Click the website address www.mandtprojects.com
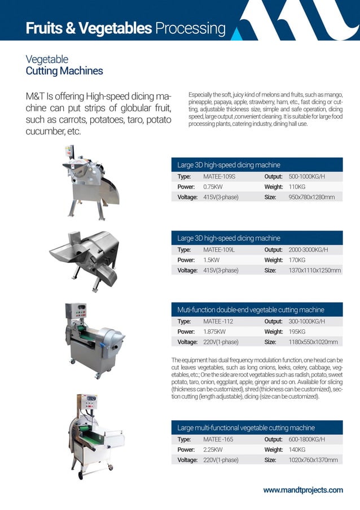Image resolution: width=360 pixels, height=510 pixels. (302, 490)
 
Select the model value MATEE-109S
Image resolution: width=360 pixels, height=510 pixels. (219, 177)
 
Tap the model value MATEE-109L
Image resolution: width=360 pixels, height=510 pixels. (219, 250)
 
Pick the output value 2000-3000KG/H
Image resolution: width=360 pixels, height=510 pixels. (308, 250)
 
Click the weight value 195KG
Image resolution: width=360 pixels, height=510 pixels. (297, 332)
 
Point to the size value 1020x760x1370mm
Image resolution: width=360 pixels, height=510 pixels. (313, 460)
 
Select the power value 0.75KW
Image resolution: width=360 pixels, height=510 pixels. (213, 187)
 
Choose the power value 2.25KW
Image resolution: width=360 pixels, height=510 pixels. (213, 450)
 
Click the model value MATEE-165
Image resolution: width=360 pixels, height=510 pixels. (218, 439)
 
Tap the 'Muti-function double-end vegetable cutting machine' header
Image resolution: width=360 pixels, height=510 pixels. (251, 310)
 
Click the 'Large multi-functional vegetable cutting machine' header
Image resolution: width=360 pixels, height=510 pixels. (246, 428)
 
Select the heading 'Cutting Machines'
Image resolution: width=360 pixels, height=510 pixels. (64, 71)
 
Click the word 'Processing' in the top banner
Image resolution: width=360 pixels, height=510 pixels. (190, 28)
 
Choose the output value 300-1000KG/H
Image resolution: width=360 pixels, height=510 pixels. (307, 322)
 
